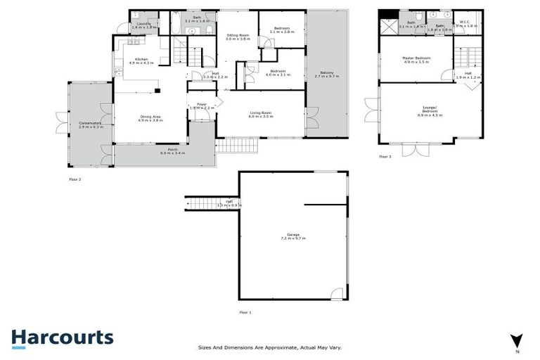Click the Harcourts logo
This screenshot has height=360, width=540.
(x=62, y=337)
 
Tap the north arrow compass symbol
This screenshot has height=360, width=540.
(x=517, y=340)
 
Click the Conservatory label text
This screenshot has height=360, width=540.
(x=91, y=124)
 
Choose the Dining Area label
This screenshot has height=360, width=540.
(x=150, y=118)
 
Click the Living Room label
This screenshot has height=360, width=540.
(x=260, y=114)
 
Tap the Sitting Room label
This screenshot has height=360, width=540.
(x=238, y=37)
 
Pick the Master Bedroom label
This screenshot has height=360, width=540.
(x=416, y=59)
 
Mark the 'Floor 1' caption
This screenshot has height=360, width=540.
(x=245, y=311)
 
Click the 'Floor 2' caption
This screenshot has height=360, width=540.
(x=75, y=179)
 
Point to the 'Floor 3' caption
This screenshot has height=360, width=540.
(x=385, y=157)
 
